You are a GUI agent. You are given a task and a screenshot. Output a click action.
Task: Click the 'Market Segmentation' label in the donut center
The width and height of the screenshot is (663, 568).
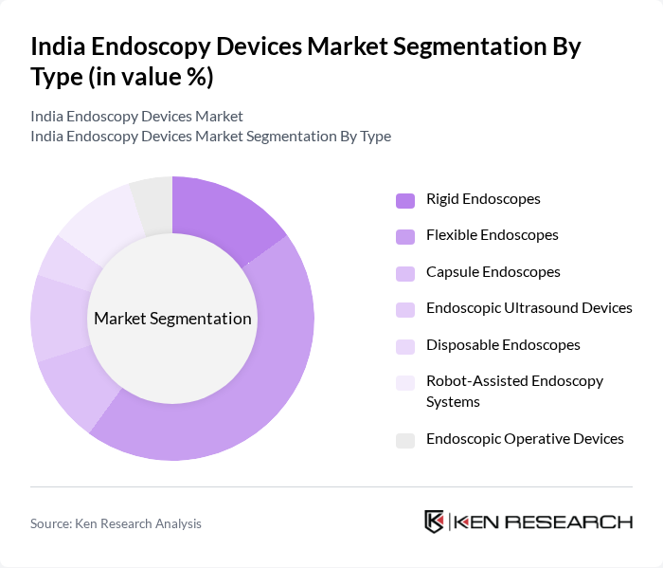coord(172,319)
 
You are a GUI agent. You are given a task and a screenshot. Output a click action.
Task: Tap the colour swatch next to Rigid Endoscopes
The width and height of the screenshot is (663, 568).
coord(405,200)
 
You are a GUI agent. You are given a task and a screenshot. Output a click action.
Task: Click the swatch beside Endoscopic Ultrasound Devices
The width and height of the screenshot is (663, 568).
coord(405,309)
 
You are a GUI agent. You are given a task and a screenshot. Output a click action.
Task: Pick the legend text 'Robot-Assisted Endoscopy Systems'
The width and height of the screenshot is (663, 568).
coord(514,391)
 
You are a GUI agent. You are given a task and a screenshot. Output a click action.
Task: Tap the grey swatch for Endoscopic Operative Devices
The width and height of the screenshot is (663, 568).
coord(405,439)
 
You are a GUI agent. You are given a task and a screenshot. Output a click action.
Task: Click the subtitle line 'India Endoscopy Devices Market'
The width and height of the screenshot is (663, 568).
coord(136,117)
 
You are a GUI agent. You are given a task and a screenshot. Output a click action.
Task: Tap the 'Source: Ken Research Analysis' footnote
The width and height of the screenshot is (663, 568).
coord(116,523)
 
